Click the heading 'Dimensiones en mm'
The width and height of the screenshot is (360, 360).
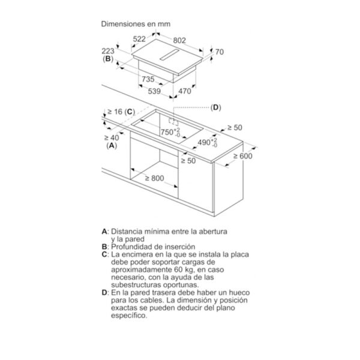coord(136,24)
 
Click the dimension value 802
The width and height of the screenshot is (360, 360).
coord(179,40)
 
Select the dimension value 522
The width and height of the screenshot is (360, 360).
coord(139,39)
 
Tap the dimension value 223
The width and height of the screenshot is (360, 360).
coord(108,51)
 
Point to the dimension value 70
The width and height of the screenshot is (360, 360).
coord(219,52)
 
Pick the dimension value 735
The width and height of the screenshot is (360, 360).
coord(148,79)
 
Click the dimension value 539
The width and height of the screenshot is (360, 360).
coord(154,91)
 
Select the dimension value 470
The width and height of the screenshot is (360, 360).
coord(185,91)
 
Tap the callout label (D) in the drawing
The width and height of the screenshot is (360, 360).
coord(215,107)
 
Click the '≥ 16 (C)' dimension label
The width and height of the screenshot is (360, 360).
coord(121,112)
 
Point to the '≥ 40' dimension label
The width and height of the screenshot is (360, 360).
coord(112,138)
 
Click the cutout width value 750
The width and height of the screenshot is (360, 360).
coord(167,132)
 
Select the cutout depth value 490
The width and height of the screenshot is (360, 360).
coord(204,142)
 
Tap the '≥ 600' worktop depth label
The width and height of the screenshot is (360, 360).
coord(242,156)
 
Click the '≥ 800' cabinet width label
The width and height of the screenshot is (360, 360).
coord(155,178)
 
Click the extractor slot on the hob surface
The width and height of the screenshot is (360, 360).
coord(169,55)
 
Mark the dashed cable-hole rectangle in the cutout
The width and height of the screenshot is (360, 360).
coord(173,122)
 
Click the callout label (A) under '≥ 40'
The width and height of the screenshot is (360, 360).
coord(112,146)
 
